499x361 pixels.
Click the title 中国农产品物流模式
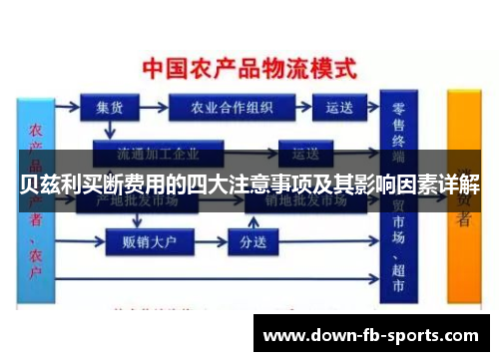[x=249, y=70]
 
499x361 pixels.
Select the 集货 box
[x=110, y=105]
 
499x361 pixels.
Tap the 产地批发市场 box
[x=140, y=200]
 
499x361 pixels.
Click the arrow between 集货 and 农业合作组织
[x=154, y=105]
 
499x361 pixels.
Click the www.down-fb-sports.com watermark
[x=369, y=336]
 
